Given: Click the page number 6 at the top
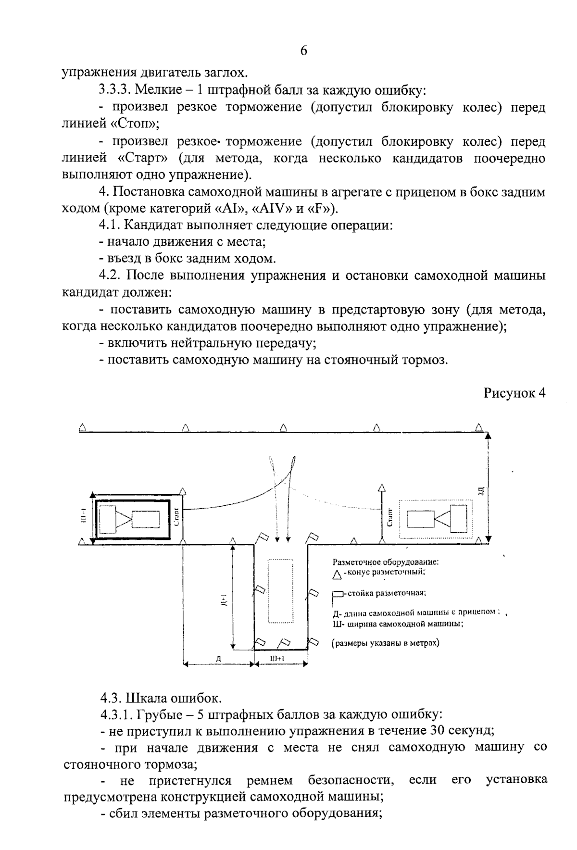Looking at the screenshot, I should tap(303, 51).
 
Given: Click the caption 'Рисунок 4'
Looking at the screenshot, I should tap(514, 393).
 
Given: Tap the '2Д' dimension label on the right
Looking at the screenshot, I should tap(480, 491).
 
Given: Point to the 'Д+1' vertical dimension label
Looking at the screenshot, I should tap(224, 599).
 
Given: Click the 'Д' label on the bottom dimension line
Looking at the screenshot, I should tap(218, 659).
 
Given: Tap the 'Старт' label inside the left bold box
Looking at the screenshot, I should tap(176, 516).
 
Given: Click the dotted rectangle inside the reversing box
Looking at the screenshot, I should tap(280, 591).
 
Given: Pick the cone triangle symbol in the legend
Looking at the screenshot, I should tap(337, 574).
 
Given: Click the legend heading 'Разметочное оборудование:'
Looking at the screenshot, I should tap(386, 562).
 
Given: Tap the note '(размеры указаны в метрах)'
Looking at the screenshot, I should tap(385, 642).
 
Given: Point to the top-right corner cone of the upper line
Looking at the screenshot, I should tap(478, 427).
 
